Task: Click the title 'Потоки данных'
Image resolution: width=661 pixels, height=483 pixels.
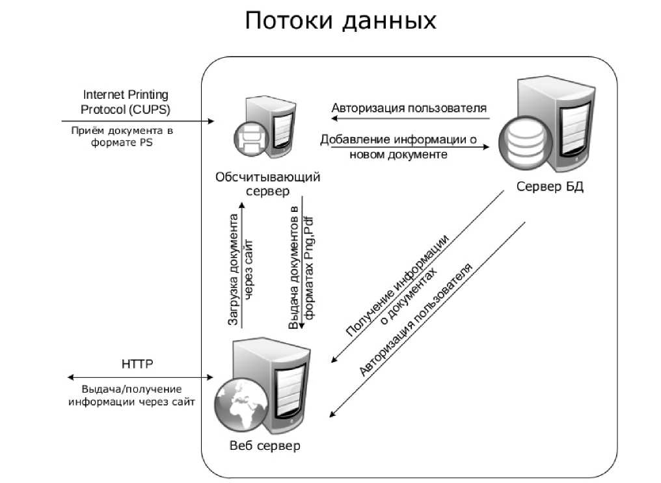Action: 340,21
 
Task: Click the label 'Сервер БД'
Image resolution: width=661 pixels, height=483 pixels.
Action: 550,187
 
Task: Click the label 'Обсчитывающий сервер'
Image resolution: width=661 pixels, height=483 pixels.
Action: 267,183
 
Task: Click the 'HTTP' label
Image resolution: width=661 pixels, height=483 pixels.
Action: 137,364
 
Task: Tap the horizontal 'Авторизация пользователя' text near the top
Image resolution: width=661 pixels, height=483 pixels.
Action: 409,108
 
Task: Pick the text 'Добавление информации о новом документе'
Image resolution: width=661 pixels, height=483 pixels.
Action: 399,147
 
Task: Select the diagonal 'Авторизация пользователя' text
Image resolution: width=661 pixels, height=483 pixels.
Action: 416,319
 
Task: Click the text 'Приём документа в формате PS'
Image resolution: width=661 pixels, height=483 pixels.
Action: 122,137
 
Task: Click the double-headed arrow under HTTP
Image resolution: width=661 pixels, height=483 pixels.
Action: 140,378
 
